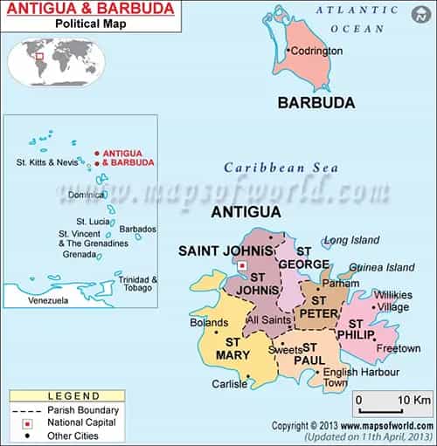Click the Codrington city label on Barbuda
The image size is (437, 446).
coord(316,51)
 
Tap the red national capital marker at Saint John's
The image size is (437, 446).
coord(243,266)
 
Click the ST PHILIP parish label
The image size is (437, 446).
coord(355,330)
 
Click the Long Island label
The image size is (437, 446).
coord(352,240)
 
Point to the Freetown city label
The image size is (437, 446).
coord(374,348)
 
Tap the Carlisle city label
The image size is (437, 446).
coord(229,384)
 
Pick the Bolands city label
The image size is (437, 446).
coord(208,323)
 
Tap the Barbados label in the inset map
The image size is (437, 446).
coord(137,229)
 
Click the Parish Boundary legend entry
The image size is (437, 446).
coord(60,408)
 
